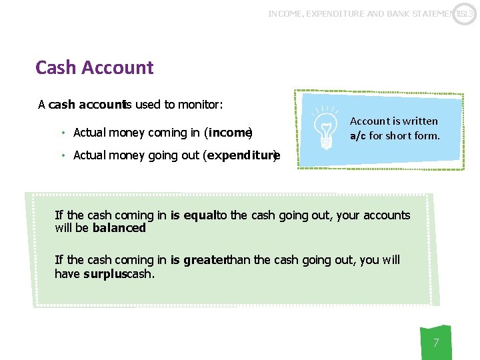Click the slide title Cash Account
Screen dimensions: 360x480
tap(94, 68)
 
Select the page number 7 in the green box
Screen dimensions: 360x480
tap(436, 343)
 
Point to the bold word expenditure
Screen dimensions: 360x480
tap(241, 155)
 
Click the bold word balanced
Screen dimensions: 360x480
tap(119, 228)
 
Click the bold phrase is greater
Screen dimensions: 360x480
tap(199, 260)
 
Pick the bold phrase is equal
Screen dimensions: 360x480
tap(194, 215)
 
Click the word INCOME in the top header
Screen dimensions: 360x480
tap(285, 13)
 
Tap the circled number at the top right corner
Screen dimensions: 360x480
tap(465, 13)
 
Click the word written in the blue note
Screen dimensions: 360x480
tap(420, 121)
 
